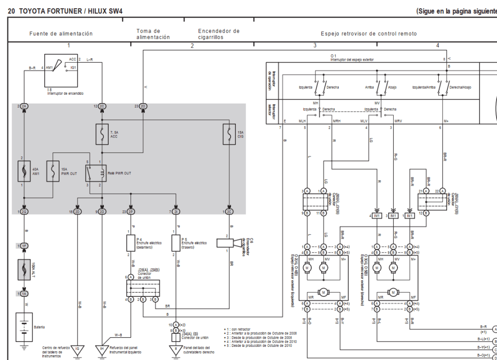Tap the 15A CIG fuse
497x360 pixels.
(x=229, y=134)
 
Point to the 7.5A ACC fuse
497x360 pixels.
(x=102, y=134)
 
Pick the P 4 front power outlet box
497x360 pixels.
(x=131, y=242)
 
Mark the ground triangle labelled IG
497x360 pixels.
(x=78, y=349)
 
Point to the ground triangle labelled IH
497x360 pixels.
(x=102, y=349)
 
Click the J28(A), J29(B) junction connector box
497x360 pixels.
(x=143, y=288)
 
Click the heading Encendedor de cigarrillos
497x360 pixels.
(x=218, y=34)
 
